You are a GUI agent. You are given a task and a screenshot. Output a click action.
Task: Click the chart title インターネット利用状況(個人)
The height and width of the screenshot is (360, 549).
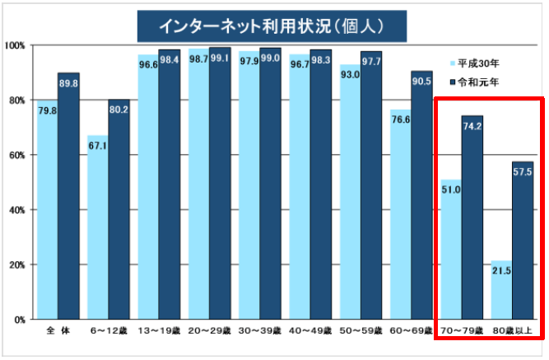point(272,25)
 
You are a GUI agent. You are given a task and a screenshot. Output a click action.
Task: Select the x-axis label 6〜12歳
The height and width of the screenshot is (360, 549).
point(108,331)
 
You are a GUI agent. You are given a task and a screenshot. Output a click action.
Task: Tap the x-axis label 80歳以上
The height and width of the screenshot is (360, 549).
point(512,331)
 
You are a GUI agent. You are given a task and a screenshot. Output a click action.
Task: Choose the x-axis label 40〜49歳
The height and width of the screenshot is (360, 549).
point(309,331)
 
